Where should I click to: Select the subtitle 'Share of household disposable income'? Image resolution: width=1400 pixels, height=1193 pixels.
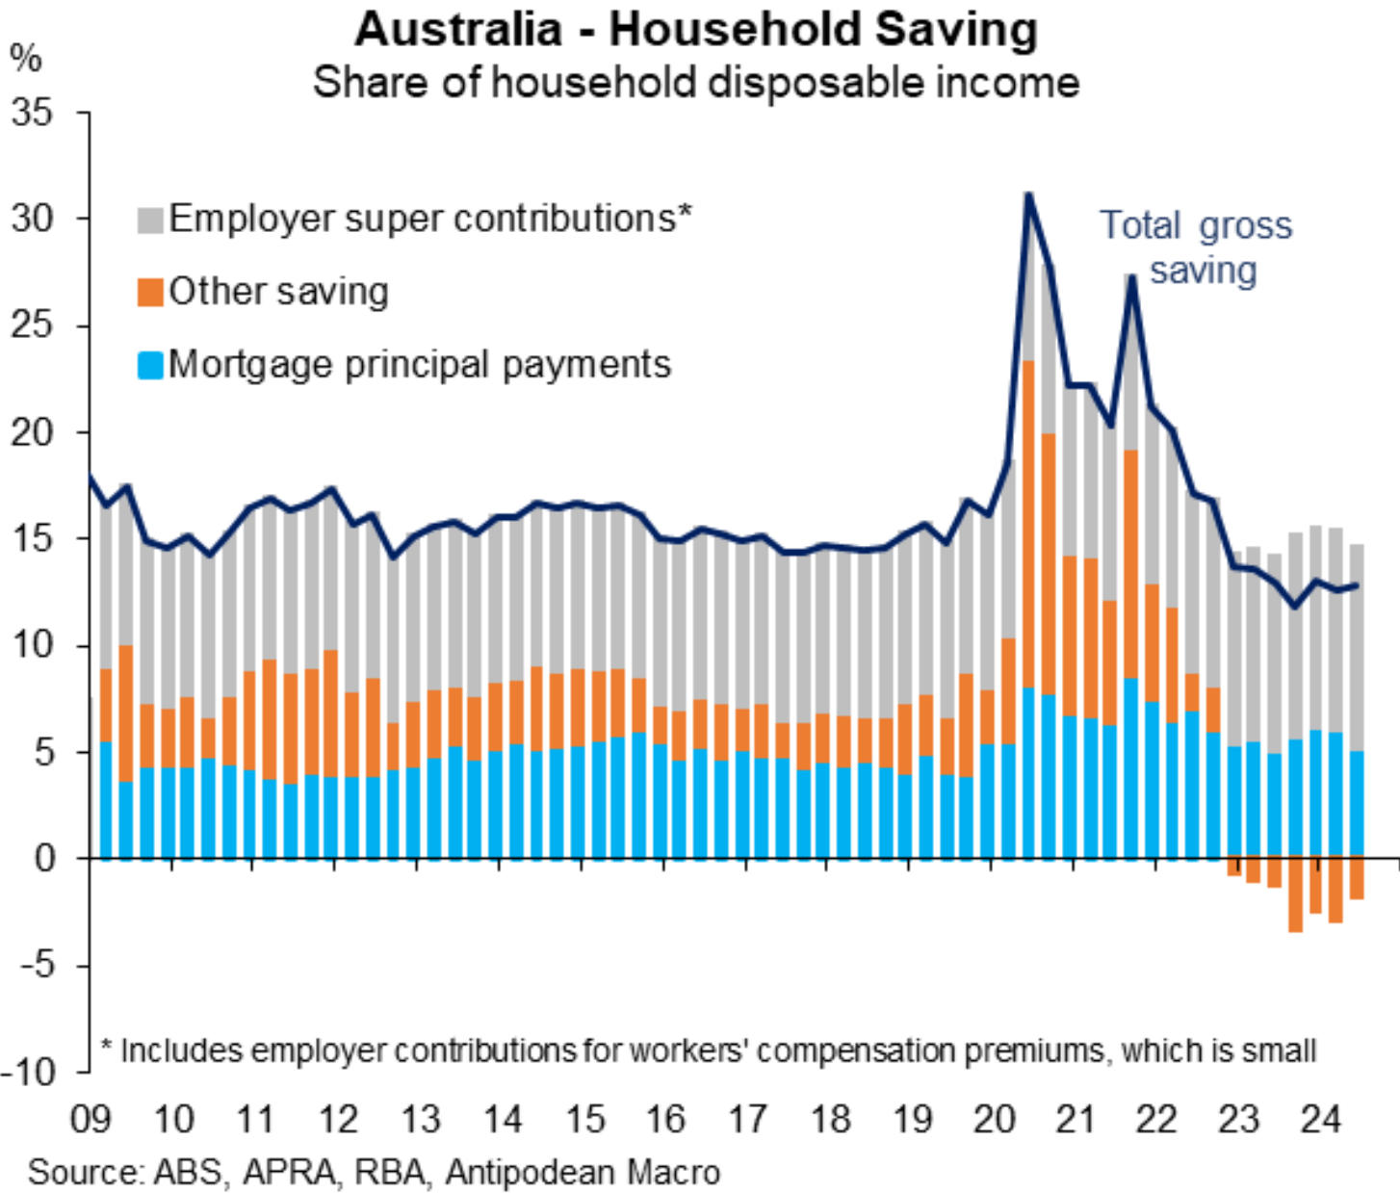[x=696, y=83]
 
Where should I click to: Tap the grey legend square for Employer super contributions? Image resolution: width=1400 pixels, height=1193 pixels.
[x=150, y=220]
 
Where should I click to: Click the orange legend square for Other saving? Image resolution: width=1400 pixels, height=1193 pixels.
[x=150, y=293]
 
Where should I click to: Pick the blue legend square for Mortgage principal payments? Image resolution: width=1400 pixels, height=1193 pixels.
[x=150, y=366]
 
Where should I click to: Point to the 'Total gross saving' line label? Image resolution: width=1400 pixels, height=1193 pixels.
[x=1197, y=247]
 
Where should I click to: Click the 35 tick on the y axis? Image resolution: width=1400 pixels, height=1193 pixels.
[x=35, y=113]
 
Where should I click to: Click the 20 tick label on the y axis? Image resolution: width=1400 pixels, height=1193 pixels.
[x=35, y=432]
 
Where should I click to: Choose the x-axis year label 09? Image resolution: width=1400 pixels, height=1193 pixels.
[x=91, y=1120]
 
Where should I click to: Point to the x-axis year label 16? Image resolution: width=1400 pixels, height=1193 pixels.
[x=665, y=1120]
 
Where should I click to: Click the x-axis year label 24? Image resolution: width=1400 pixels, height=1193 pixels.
[x=1320, y=1120]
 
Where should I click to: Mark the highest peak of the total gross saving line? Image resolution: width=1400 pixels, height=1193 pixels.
[x=1028, y=195]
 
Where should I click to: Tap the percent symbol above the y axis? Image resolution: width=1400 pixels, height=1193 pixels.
[x=26, y=60]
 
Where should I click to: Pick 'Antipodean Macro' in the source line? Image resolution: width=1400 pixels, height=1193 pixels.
[x=583, y=1173]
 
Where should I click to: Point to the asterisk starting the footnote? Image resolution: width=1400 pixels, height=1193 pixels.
[x=107, y=1046]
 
